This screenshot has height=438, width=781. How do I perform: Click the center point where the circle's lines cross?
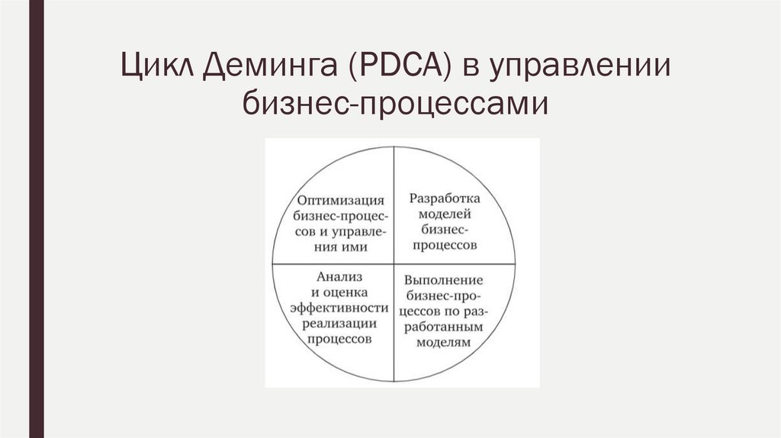[x=394, y=263]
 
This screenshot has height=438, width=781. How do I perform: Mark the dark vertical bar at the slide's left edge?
[x=36, y=219]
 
